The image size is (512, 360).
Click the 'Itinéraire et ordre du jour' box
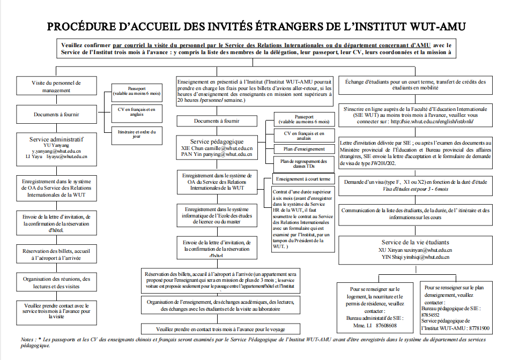[137, 133]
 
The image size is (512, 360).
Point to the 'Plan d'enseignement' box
[303, 148]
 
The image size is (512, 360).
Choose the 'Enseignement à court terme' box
[303, 178]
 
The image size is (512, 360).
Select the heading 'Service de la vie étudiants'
[415, 242]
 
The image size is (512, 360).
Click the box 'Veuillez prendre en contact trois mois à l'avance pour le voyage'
[220, 328]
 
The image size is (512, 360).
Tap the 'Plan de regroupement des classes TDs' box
[303, 163]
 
